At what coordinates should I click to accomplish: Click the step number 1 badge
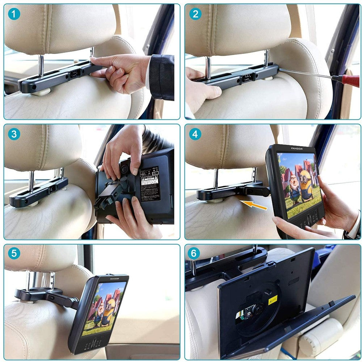tap(14, 14)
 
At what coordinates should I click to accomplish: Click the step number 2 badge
tap(195, 14)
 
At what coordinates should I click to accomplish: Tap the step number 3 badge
tap(14, 134)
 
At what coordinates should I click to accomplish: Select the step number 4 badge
tap(195, 134)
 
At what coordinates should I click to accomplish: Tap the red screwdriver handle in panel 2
tap(348, 80)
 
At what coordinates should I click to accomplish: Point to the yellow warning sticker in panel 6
tap(273, 300)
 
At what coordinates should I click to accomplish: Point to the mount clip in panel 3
tap(109, 195)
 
